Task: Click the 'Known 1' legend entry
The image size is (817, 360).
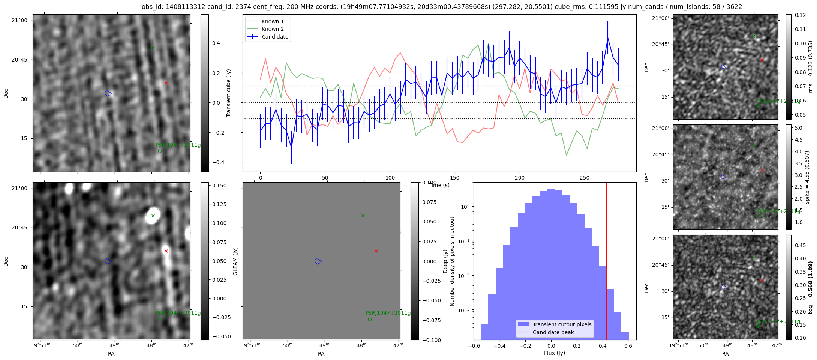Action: pyautogui.click(x=273, y=21)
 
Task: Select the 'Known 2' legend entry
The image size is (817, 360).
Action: pyautogui.click(x=273, y=29)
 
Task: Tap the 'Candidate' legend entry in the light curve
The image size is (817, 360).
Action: pyautogui.click(x=275, y=37)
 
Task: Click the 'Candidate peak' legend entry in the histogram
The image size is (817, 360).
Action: pyautogui.click(x=553, y=332)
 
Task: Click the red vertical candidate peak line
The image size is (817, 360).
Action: pyautogui.click(x=607, y=262)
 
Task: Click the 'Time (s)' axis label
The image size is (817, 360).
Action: pyautogui.click(x=439, y=185)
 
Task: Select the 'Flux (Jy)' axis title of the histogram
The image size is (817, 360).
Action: pyautogui.click(x=554, y=353)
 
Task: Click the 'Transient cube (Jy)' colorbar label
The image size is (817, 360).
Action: pyautogui.click(x=229, y=93)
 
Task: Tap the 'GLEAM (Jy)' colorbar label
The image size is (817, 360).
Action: pyautogui.click(x=235, y=261)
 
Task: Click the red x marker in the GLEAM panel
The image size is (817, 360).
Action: pyautogui.click(x=376, y=251)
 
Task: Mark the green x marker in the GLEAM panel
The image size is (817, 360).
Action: pyautogui.click(x=363, y=216)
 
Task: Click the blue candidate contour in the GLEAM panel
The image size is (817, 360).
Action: pyautogui.click(x=318, y=261)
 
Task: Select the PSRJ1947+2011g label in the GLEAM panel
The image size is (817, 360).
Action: pyautogui.click(x=388, y=313)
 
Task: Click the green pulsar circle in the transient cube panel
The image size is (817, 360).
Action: pyautogui.click(x=160, y=151)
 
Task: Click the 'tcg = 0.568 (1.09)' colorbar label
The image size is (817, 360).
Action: pyautogui.click(x=810, y=288)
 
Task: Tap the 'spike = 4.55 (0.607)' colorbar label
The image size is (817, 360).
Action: pyautogui.click(x=807, y=177)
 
